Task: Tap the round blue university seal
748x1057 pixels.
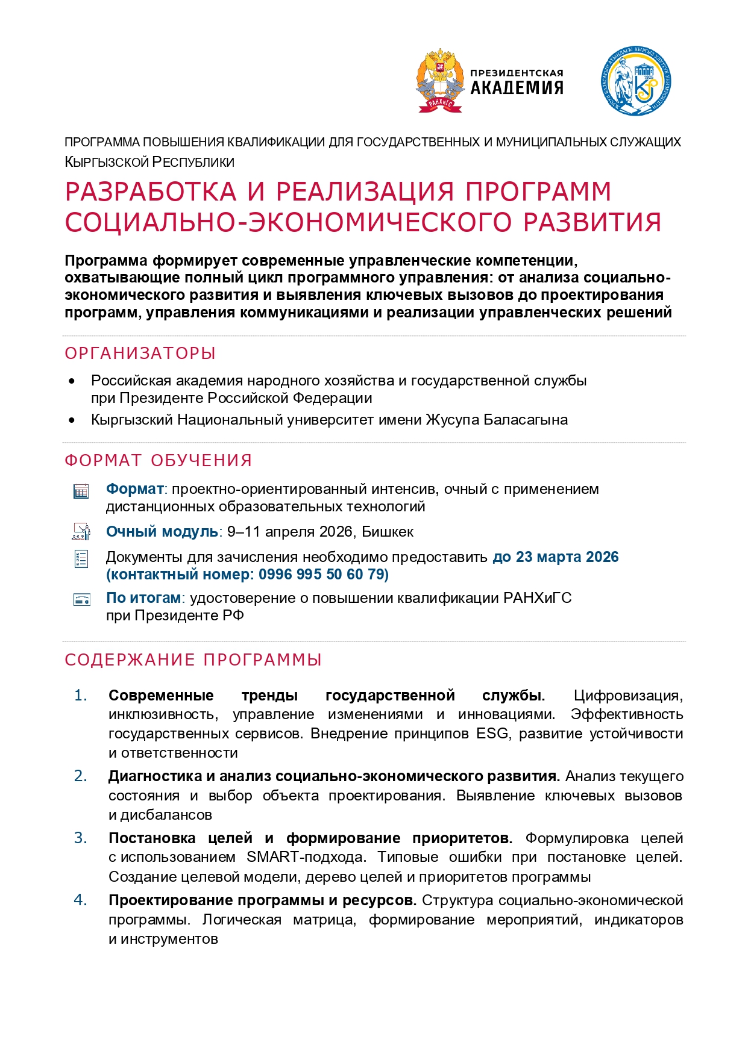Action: (635, 81)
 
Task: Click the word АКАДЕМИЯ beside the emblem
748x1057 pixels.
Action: (517, 88)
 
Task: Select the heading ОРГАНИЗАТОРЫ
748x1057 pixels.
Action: (140, 353)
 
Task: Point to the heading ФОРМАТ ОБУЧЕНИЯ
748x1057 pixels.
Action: (158, 460)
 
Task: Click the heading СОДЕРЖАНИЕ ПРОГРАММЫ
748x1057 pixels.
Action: (193, 659)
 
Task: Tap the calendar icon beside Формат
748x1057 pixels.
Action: (81, 491)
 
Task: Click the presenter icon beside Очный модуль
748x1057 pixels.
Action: (81, 532)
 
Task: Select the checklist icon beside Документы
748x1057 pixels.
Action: (81, 559)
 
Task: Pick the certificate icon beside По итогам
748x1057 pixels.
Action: (81, 599)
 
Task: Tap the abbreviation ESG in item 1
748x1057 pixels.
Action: (492, 734)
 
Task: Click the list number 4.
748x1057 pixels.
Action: (80, 900)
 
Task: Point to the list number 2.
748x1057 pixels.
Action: (80, 776)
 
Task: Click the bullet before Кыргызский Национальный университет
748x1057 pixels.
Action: (72, 420)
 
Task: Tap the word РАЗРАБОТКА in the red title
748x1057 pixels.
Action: (151, 192)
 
